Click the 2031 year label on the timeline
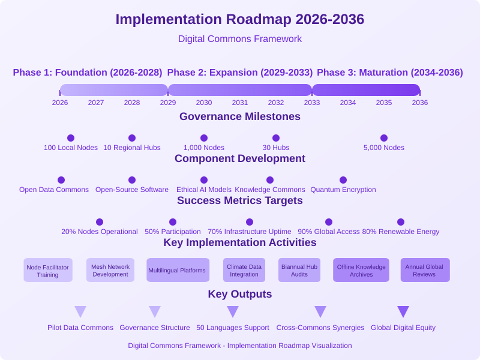click(239, 103)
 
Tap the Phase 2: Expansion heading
click(239, 73)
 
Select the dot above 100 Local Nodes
click(71, 138)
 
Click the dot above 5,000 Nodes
click(384, 138)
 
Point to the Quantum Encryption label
click(343, 190)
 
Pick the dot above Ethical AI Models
click(204, 180)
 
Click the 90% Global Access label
click(328, 232)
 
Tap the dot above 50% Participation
click(173, 222)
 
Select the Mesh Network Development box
click(110, 270)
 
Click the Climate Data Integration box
click(244, 270)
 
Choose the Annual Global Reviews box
click(425, 270)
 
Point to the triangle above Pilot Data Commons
click(80, 311)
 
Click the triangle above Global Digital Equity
click(403, 311)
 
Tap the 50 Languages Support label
click(233, 328)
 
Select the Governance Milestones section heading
click(239, 116)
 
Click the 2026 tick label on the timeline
click(60, 103)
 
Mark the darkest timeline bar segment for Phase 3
click(366, 90)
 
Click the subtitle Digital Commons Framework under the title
click(239, 39)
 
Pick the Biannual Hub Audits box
click(299, 270)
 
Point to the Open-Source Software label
click(132, 190)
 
